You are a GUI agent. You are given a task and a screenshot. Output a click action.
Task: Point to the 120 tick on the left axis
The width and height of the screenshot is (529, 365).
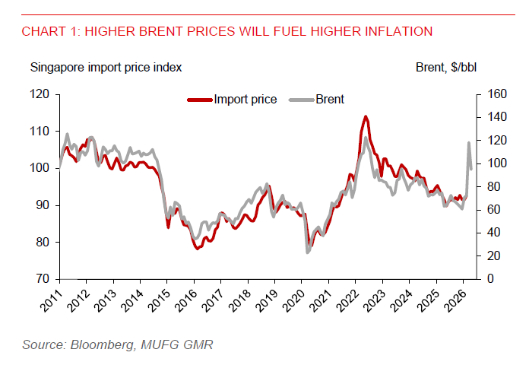tap(40, 94)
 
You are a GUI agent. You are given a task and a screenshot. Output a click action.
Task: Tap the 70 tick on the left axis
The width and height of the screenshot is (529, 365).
tap(43, 279)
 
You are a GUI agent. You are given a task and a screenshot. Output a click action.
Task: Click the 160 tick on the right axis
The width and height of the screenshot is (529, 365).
tap(493, 94)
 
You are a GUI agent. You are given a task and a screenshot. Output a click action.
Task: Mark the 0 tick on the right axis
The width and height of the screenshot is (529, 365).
tap(486, 279)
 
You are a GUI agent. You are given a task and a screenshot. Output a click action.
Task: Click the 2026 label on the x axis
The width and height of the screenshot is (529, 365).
tap(455, 301)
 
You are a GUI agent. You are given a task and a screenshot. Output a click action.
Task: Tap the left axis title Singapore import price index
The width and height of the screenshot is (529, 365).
tap(106, 67)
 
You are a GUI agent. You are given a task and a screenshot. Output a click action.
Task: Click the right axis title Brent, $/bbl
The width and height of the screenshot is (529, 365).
tap(446, 67)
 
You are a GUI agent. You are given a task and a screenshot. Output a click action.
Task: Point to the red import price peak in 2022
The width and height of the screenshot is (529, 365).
tap(366, 117)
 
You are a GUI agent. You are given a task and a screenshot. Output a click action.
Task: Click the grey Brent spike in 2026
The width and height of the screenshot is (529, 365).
tap(469, 143)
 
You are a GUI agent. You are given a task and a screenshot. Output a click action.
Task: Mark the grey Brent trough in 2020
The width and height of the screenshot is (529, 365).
tap(308, 251)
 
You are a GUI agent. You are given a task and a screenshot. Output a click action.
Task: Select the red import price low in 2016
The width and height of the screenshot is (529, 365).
tap(198, 248)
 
